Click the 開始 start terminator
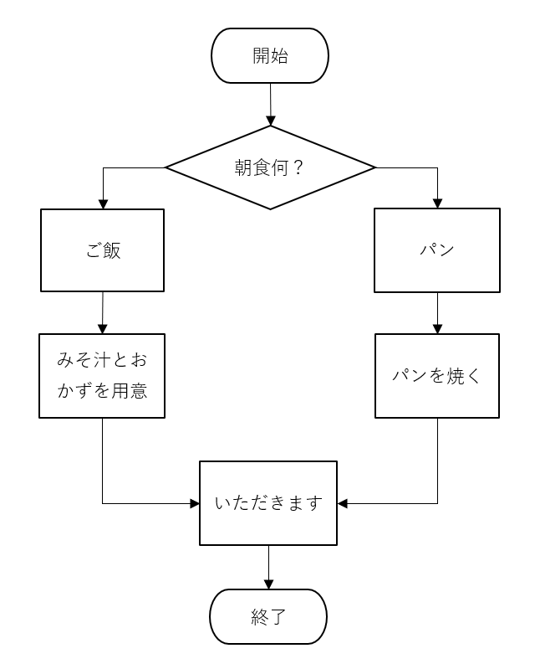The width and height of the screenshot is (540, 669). pyautogui.click(x=270, y=56)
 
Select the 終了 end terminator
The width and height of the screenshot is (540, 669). pyautogui.click(x=267, y=617)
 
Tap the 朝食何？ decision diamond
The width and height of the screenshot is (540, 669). pyautogui.click(x=270, y=167)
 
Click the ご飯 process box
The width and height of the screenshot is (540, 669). pyautogui.click(x=103, y=250)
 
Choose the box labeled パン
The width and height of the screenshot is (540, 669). pyautogui.click(x=436, y=250)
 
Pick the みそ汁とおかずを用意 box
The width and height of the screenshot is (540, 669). pyautogui.click(x=102, y=376)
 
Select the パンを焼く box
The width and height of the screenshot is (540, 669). pyautogui.click(x=437, y=376)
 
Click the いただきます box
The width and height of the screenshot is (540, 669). pyautogui.click(x=268, y=503)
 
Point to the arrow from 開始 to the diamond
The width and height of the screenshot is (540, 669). pyautogui.click(x=270, y=105)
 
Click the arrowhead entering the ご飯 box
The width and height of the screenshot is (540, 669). pyautogui.click(x=103, y=203)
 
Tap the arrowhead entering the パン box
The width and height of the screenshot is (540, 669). pyautogui.click(x=437, y=203)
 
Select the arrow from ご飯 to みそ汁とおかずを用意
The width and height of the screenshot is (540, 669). pyautogui.click(x=103, y=313)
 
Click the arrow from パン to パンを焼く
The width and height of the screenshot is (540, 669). pyautogui.click(x=437, y=314)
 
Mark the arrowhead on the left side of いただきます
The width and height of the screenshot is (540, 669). pyautogui.click(x=195, y=503)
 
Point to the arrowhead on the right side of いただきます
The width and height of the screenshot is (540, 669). pyautogui.click(x=343, y=503)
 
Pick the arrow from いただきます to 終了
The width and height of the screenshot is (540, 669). pyautogui.click(x=268, y=567)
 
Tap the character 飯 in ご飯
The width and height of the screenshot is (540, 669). pyautogui.click(x=112, y=250)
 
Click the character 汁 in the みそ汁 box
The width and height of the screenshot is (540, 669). pyautogui.click(x=95, y=362)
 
